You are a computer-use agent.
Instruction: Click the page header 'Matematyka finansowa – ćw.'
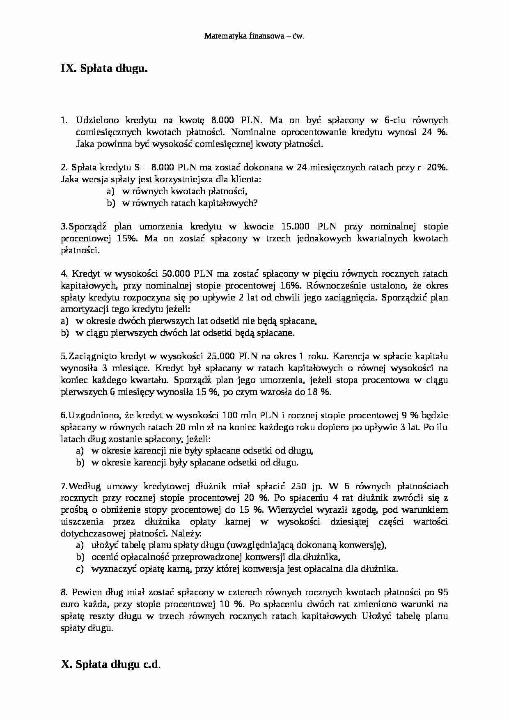(x=254, y=36)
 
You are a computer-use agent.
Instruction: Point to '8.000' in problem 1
(x=222, y=120)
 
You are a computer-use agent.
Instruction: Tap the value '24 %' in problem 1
(x=435, y=132)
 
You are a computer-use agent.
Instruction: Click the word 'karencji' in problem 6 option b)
(x=151, y=463)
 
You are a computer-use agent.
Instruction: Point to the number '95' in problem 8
(x=443, y=592)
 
